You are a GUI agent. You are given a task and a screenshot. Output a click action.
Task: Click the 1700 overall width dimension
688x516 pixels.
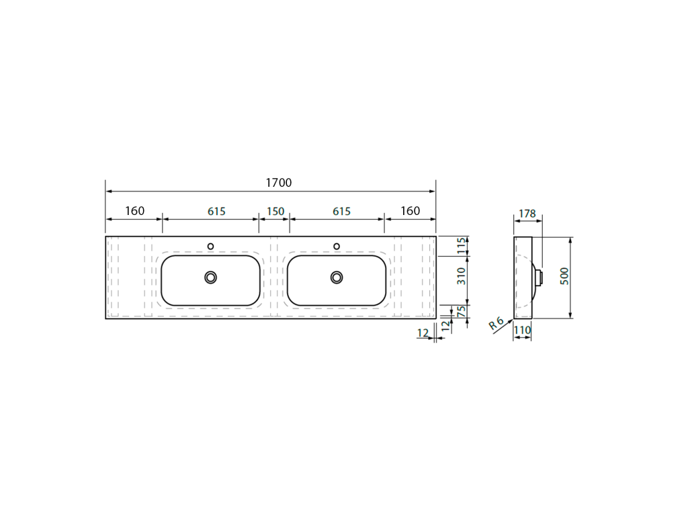[x=279, y=183]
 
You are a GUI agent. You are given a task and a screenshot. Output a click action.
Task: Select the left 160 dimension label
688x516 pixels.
[x=134, y=211]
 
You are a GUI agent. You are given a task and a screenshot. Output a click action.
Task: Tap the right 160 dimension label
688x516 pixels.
[x=411, y=211]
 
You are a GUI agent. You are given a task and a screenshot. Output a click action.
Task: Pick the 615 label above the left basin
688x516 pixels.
[x=216, y=212]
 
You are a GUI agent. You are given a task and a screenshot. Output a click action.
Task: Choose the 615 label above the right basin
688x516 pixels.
[x=341, y=212]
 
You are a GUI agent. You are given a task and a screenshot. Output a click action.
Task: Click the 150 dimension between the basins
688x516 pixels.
[x=275, y=212]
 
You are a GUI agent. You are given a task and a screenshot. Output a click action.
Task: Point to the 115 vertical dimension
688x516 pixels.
[x=461, y=246]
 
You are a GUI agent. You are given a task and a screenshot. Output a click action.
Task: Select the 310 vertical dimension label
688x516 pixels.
[x=461, y=276]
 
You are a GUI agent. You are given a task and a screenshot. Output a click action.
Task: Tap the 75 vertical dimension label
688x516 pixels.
[x=462, y=312]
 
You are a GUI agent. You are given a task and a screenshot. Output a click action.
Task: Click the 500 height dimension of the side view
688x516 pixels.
[x=564, y=276]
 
